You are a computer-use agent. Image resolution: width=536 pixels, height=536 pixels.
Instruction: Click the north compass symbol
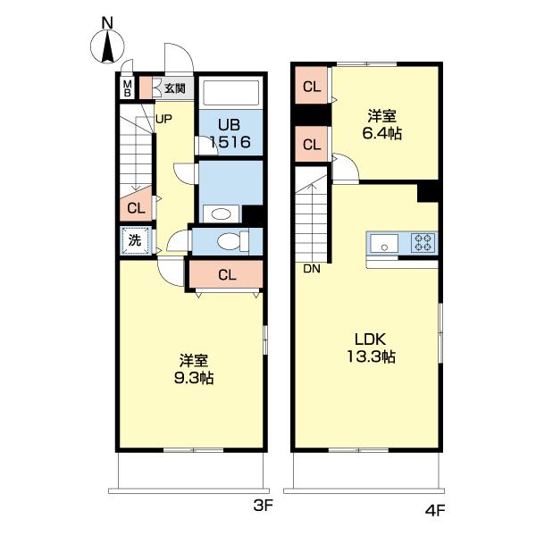(107, 46)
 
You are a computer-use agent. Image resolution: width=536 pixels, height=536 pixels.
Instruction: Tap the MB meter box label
(127, 88)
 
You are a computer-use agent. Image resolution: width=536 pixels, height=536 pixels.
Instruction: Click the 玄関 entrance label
(175, 88)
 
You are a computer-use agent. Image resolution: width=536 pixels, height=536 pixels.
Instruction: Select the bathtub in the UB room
(230, 93)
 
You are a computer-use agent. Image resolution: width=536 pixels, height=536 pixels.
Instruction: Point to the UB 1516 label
(230, 134)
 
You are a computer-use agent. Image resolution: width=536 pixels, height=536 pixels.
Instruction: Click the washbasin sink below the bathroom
(221, 214)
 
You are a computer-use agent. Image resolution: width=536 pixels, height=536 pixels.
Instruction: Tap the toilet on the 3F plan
(232, 241)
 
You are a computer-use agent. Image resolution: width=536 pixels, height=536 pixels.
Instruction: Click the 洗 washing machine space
(136, 240)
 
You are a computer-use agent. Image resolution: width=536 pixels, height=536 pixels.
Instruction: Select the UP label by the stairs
(163, 120)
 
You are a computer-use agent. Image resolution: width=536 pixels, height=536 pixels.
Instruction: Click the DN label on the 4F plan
(312, 269)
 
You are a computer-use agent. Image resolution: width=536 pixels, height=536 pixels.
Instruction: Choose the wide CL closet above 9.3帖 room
(226, 274)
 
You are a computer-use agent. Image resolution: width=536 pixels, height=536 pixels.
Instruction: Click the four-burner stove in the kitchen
(424, 242)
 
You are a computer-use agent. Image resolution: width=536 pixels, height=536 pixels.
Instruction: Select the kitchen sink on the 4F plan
(384, 243)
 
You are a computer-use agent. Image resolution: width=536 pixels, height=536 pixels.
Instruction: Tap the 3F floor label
(264, 506)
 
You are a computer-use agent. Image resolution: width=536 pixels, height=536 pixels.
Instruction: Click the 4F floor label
(435, 511)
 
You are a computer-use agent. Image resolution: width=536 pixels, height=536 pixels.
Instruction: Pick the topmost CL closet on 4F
(312, 86)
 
